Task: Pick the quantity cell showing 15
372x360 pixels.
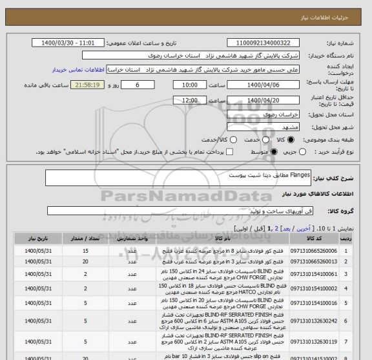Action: (x=85, y=249)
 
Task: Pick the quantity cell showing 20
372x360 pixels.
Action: (x=85, y=260)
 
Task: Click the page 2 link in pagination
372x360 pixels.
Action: (x=277, y=228)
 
